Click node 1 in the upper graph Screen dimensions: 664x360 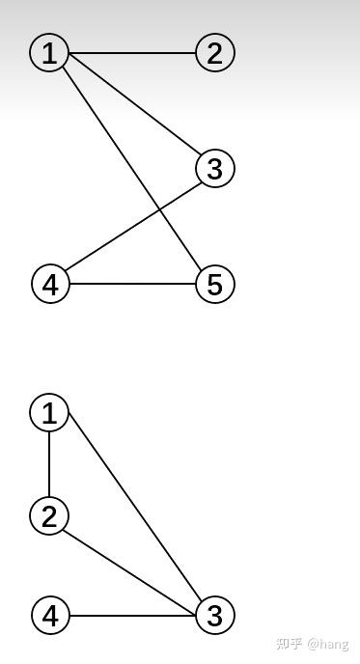click(49, 52)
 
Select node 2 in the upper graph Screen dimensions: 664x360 click(214, 52)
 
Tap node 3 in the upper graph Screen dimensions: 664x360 click(214, 169)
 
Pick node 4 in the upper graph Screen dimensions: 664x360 click(50, 284)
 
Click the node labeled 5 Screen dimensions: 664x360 click(214, 284)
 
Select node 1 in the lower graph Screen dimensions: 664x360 click(49, 413)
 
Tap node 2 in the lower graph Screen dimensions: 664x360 click(49, 515)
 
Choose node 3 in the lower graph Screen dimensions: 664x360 click(214, 615)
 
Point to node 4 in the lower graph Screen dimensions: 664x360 click(50, 615)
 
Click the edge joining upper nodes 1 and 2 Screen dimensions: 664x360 click(132, 52)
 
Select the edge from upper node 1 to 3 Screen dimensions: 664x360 click(132, 111)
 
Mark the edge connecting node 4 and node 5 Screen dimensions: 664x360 click(132, 284)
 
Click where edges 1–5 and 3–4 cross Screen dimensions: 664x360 click(157, 206)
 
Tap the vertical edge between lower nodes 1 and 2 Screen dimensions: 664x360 click(49, 464)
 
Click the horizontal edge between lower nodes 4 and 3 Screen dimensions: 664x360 click(132, 615)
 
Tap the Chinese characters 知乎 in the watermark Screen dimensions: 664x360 click(289, 644)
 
